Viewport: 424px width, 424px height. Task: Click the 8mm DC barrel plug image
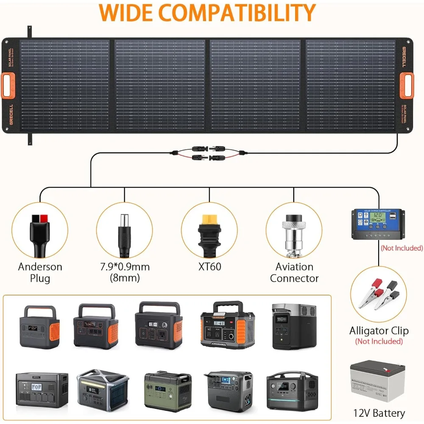click(125, 231)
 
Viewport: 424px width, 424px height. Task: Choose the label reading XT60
click(209, 267)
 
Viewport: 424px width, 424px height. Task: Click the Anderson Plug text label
click(40, 273)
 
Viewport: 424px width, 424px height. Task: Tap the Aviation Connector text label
click(294, 273)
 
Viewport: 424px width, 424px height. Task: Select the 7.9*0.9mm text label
click(125, 267)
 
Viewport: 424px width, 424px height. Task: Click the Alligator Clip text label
click(379, 331)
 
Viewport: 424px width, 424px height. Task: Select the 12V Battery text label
click(379, 413)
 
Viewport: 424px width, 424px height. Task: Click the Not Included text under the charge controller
click(401, 248)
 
